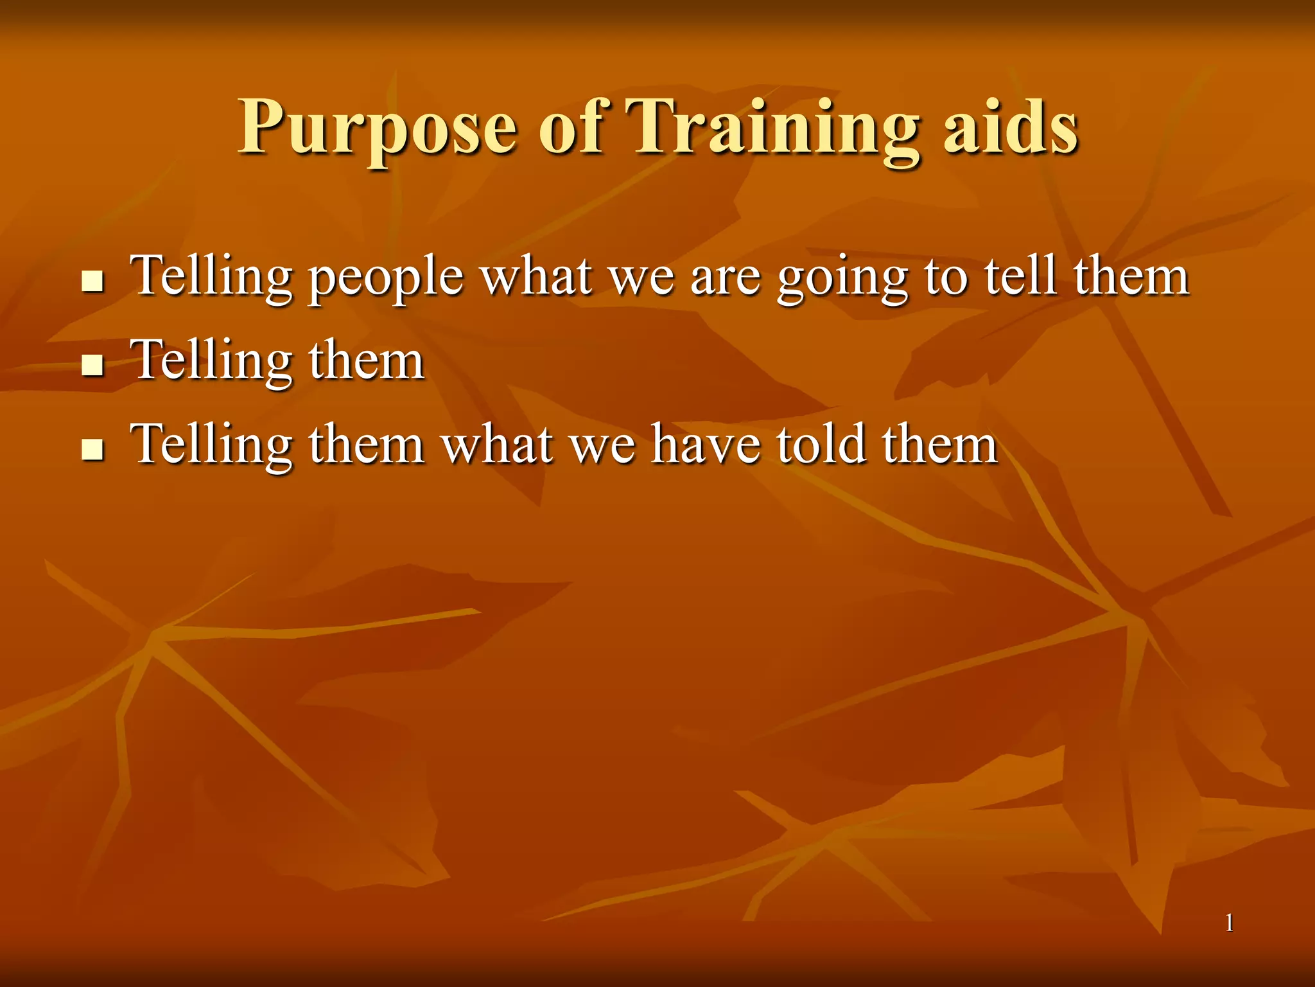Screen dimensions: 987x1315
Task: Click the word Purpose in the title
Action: click(378, 129)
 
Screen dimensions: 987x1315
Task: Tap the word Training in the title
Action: click(771, 129)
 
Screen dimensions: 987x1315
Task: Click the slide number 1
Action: click(1229, 923)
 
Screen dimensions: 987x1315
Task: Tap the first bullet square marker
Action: click(93, 281)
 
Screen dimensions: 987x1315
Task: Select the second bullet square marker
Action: click(93, 365)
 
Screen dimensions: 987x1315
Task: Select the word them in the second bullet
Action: click(366, 361)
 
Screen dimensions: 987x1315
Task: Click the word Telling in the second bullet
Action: click(212, 361)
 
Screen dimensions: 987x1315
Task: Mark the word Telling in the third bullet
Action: click(212, 446)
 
